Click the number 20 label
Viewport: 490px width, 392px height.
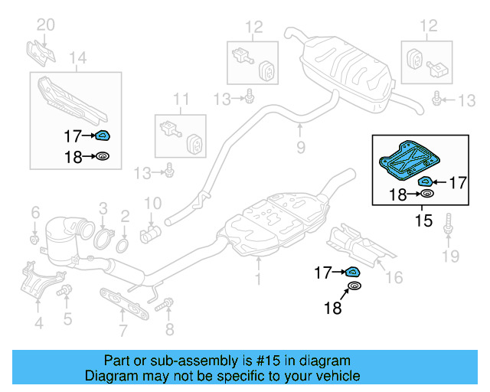(x=46, y=25)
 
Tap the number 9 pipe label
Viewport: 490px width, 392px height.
(x=301, y=145)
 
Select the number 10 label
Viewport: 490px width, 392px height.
(x=153, y=203)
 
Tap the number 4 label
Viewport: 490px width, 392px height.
(x=38, y=323)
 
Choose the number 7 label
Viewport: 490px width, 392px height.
(x=122, y=331)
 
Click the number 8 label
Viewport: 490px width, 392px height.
(x=170, y=331)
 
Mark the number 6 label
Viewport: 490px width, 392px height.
(x=35, y=211)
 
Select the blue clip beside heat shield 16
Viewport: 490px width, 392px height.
(x=353, y=271)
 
